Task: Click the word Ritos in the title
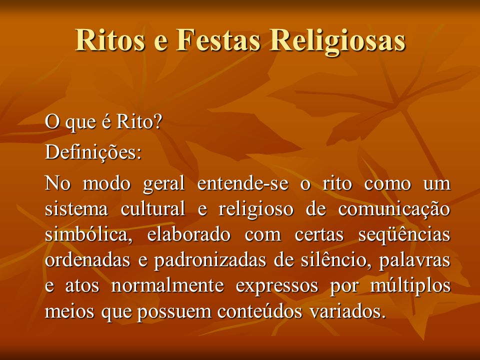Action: point(110,40)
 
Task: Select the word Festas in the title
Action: point(218,40)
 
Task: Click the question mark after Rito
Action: point(156,122)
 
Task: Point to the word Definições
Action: point(93,152)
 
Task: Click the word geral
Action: point(164,184)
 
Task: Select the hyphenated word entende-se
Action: point(243,183)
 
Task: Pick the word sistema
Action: point(76,209)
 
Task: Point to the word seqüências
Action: point(404,235)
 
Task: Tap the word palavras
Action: point(415,261)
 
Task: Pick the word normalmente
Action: point(167,285)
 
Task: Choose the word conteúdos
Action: point(259,311)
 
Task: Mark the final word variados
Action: point(347,311)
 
